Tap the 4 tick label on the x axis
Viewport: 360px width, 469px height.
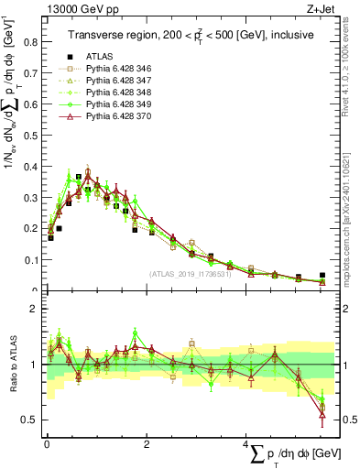click(x=246, y=443)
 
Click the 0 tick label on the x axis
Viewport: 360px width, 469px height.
click(x=47, y=443)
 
